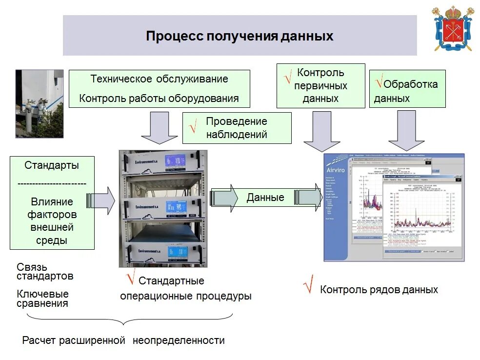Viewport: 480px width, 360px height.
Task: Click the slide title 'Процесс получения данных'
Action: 240,37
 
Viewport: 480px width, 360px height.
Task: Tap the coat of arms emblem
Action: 453,28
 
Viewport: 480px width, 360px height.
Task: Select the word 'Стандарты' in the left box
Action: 52,165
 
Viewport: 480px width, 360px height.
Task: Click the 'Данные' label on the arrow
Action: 265,198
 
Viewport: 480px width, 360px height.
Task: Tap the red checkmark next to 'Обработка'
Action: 379,82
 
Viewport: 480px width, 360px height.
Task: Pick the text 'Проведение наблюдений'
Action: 237,128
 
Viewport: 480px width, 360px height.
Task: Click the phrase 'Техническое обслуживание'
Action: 159,79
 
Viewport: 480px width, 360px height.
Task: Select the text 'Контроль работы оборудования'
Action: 159,98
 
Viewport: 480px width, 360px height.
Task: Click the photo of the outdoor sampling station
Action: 40,103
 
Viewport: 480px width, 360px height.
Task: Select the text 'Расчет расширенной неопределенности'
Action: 123,340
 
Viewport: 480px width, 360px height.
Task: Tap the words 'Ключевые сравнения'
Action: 43,299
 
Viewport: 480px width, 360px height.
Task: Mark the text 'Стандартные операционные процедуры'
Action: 186,289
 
